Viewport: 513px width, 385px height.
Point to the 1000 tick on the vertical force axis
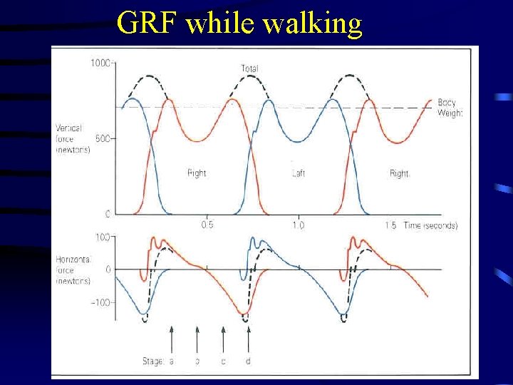[x=100, y=63]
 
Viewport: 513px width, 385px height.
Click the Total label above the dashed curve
[x=249, y=68]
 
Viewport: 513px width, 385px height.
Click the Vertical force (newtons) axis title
[x=72, y=138]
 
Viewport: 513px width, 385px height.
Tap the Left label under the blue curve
[x=299, y=173]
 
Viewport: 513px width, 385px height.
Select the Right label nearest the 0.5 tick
[x=197, y=173]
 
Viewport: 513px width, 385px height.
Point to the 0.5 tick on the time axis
[x=207, y=225]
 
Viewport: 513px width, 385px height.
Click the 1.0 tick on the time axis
[x=298, y=225]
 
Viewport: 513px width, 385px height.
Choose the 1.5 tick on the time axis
[x=390, y=225]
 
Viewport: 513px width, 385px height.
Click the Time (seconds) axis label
[x=430, y=225]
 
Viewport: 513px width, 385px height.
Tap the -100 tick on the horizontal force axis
[x=100, y=302]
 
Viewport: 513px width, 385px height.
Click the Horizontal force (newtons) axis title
[x=73, y=270]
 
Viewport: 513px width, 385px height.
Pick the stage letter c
[x=222, y=361]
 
